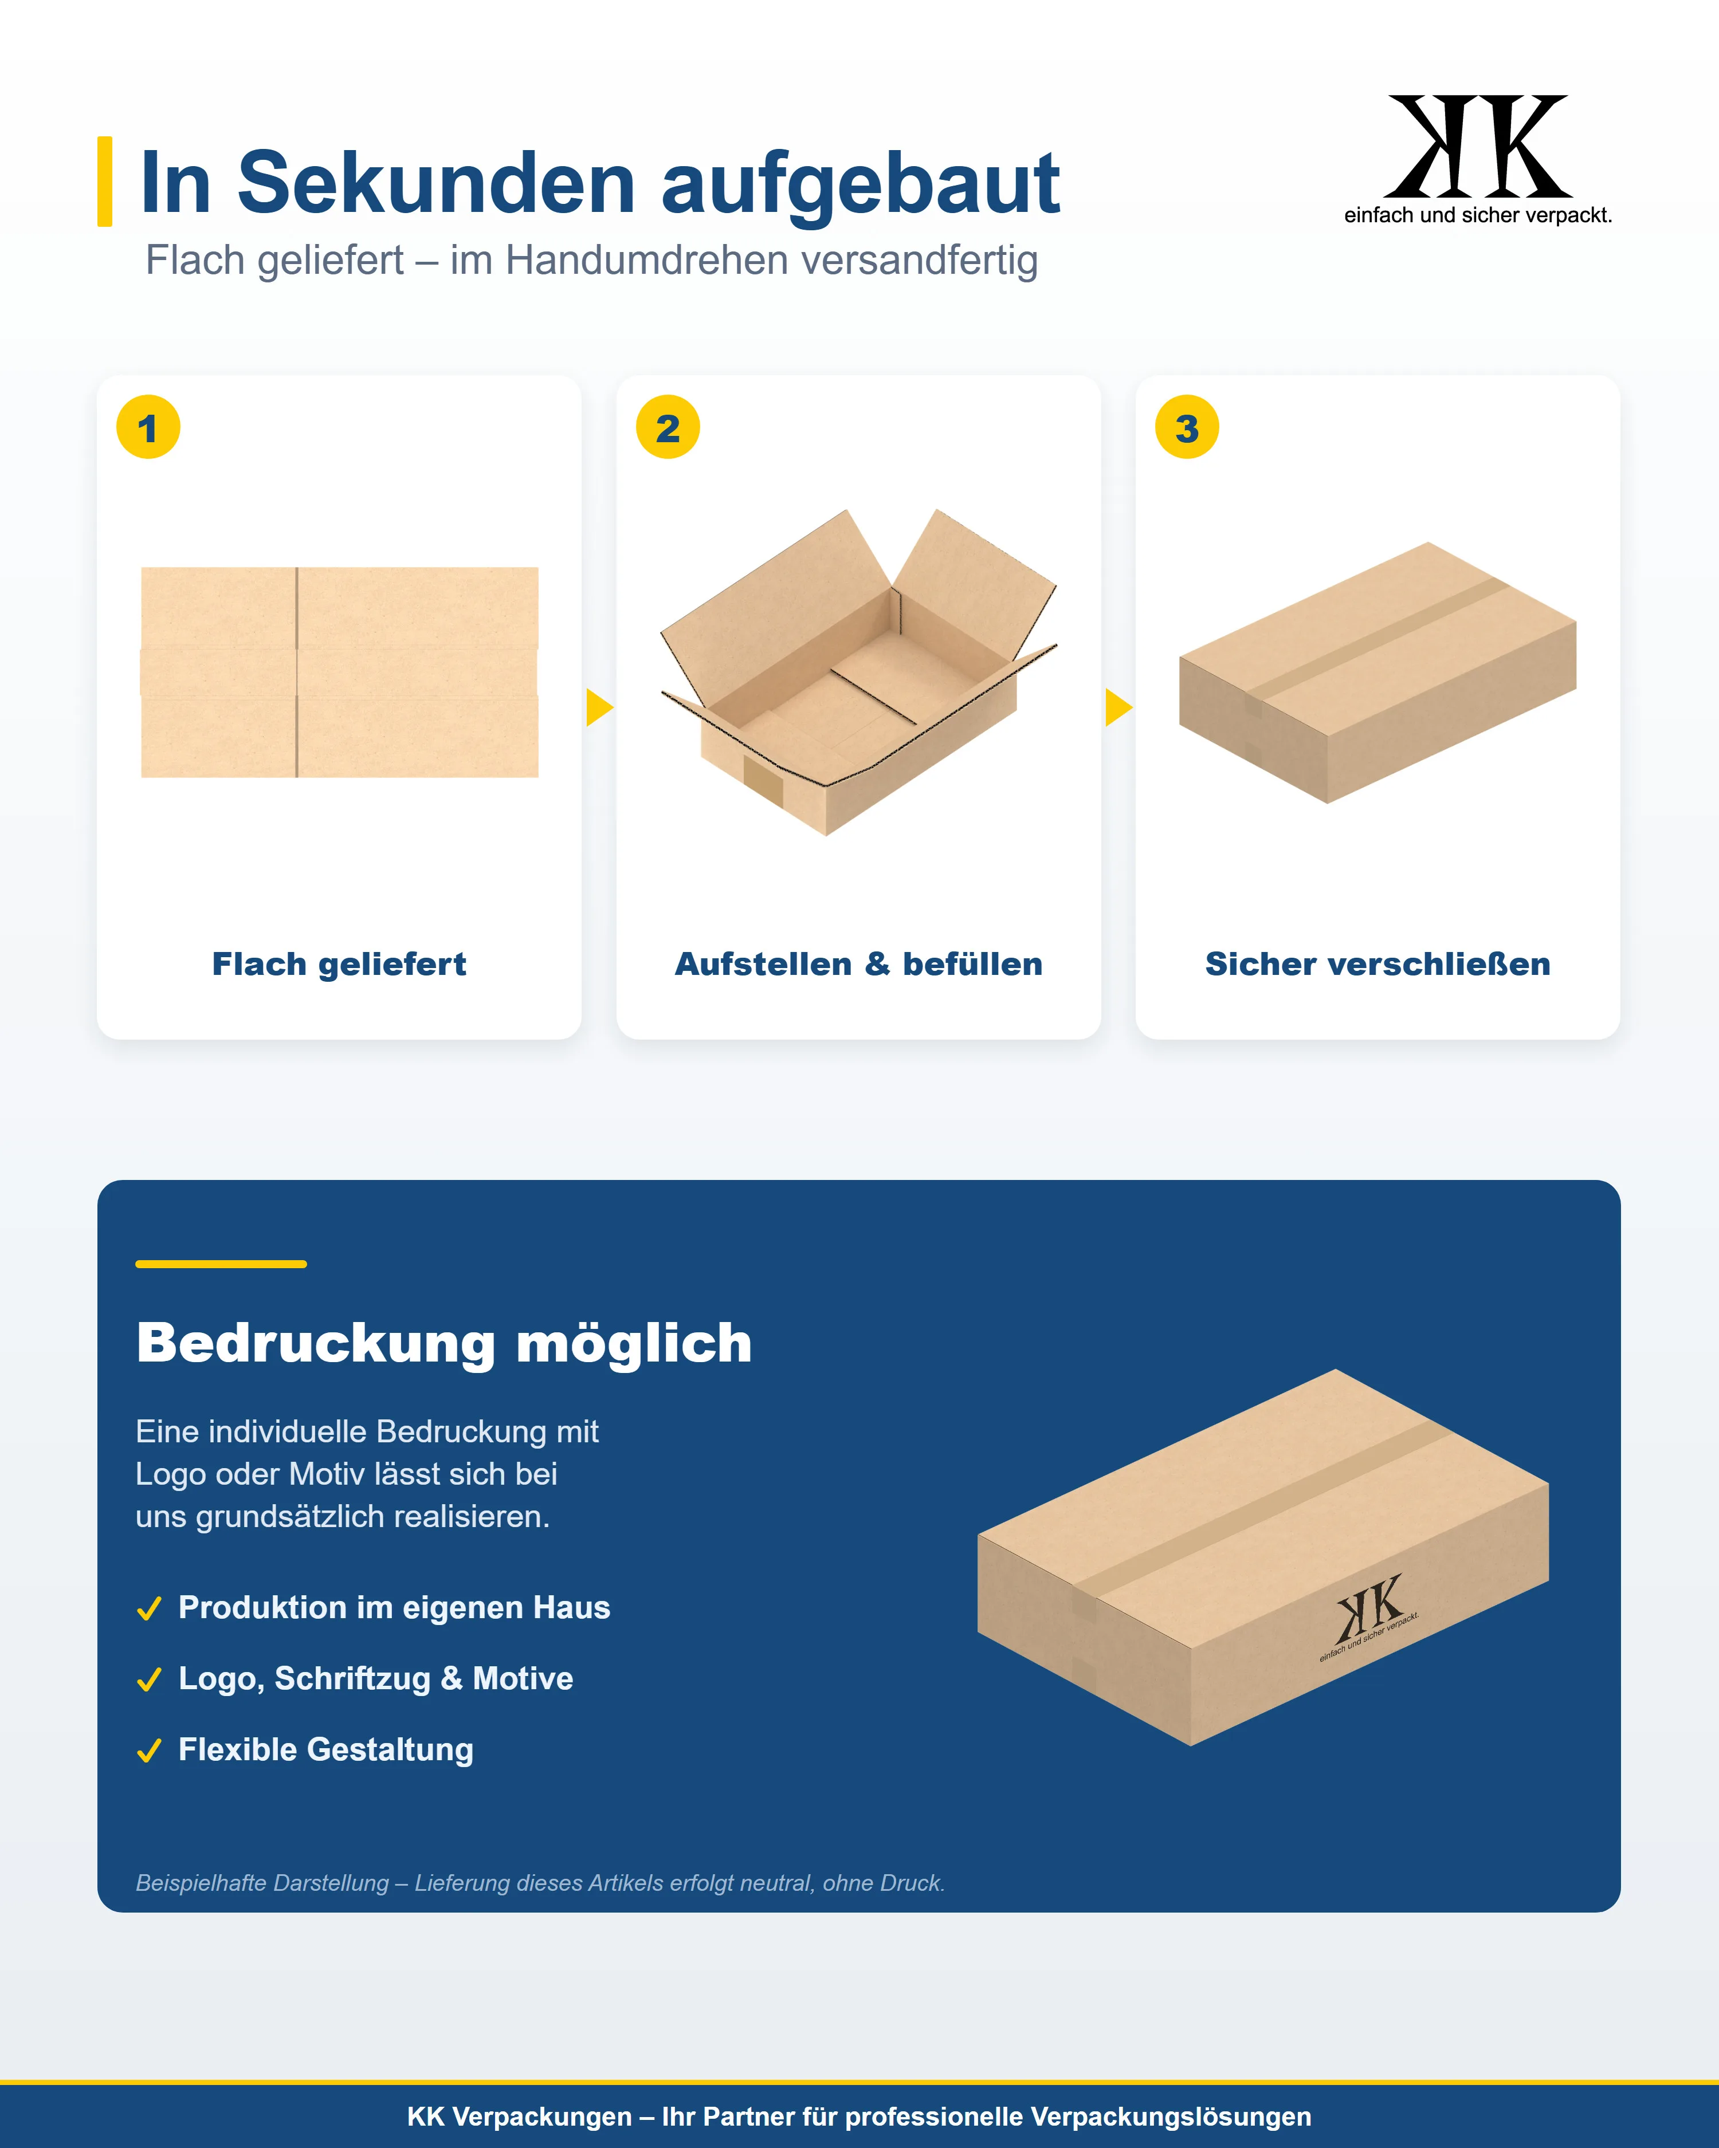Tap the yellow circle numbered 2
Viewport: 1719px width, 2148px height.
coord(668,427)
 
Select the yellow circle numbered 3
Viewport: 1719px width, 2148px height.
coord(1187,427)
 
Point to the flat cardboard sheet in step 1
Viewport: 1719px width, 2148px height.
coord(340,672)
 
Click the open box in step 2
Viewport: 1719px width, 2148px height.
coord(858,672)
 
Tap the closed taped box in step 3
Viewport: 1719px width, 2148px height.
coord(1377,672)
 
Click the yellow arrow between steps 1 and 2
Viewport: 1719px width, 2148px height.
coord(599,707)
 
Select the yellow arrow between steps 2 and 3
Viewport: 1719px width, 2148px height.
coord(1118,707)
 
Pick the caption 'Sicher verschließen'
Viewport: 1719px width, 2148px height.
coord(1377,965)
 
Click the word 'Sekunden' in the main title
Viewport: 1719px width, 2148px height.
coord(437,183)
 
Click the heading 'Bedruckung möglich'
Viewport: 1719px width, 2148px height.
coord(445,1343)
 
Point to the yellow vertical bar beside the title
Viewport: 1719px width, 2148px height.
coord(105,182)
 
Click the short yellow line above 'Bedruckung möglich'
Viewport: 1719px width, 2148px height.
coord(221,1263)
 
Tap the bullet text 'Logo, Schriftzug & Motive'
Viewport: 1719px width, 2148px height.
coord(376,1679)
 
